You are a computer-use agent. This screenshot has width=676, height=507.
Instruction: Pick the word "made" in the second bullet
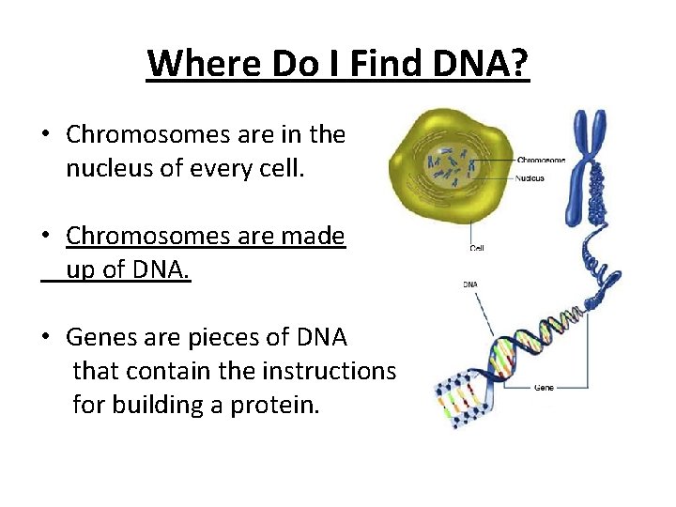click(x=315, y=236)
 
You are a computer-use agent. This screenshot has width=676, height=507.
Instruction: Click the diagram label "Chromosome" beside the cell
click(x=541, y=161)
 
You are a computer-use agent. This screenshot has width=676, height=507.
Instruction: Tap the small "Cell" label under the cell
click(x=477, y=248)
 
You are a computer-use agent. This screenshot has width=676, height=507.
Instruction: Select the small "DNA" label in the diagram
click(x=469, y=283)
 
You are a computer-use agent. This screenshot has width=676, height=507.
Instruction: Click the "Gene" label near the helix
click(x=544, y=387)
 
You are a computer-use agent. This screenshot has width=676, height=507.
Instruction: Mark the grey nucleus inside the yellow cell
click(x=451, y=168)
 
